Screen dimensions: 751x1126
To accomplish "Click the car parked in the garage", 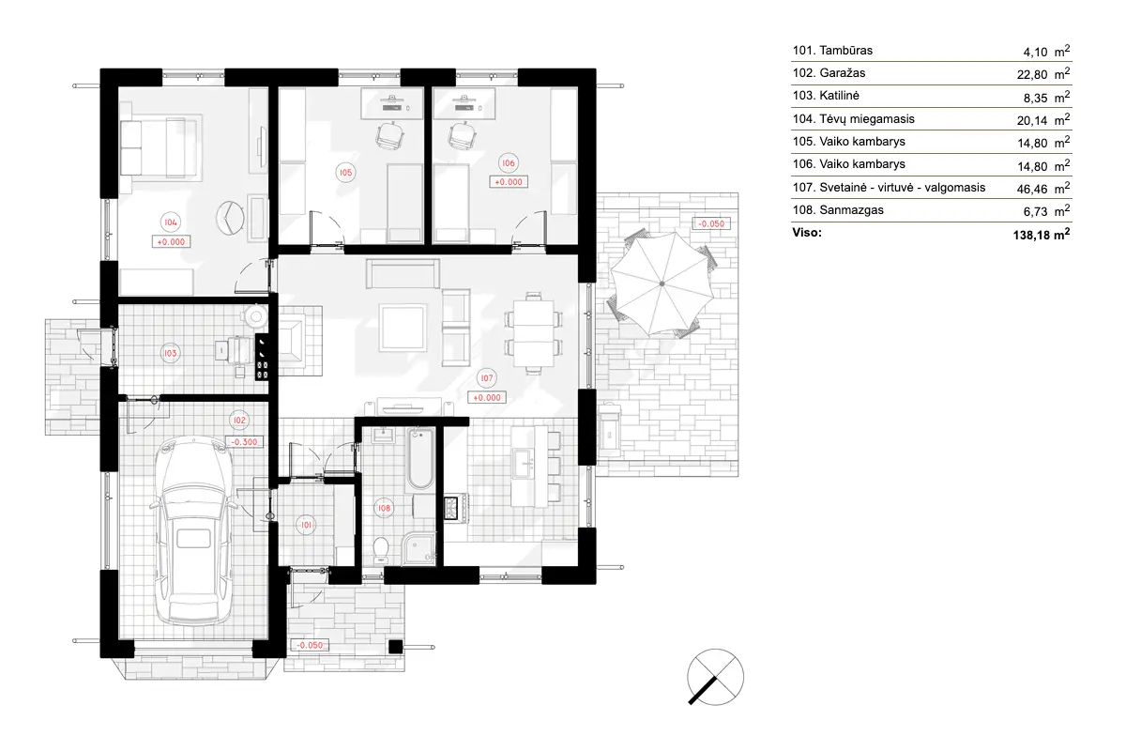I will (x=193, y=533).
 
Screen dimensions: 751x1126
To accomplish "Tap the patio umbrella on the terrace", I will (x=662, y=284).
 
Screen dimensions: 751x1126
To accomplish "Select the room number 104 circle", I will (x=170, y=222).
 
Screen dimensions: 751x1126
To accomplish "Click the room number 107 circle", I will (x=486, y=378).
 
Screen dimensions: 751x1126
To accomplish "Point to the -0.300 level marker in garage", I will (x=244, y=441).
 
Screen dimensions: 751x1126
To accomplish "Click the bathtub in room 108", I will (x=419, y=459).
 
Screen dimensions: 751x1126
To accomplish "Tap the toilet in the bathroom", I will (x=380, y=546).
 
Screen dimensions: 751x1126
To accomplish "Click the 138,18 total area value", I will (x=1036, y=234).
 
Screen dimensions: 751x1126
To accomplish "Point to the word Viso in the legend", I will (x=807, y=232).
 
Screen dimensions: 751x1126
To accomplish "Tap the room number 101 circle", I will (x=306, y=525).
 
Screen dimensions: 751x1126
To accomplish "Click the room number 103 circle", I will (x=170, y=353).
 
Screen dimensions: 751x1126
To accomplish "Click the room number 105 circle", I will (x=345, y=173).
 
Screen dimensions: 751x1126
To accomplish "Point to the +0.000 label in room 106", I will (x=509, y=182).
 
